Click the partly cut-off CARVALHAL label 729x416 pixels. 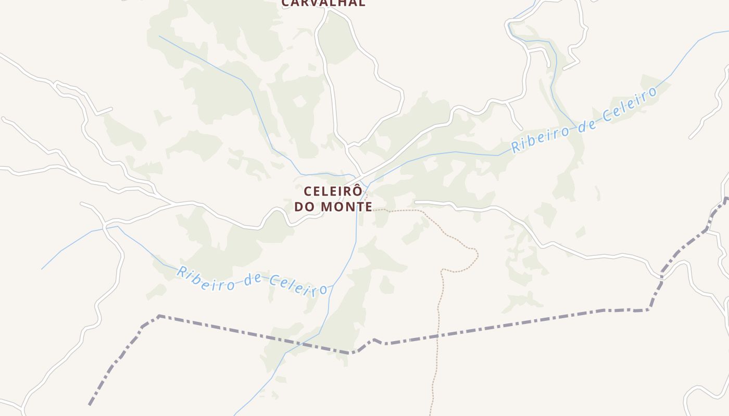[x=323, y=3]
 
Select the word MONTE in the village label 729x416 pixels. [x=346, y=207]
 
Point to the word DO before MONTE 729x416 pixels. [x=305, y=207]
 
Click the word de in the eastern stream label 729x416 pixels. [x=587, y=123]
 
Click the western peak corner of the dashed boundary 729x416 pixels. [x=159, y=316]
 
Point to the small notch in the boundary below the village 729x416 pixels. [x=374, y=340]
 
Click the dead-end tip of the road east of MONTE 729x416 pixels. [x=416, y=202]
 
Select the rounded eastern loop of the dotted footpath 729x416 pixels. [x=475, y=255]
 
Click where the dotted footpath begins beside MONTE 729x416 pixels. [x=374, y=210]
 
